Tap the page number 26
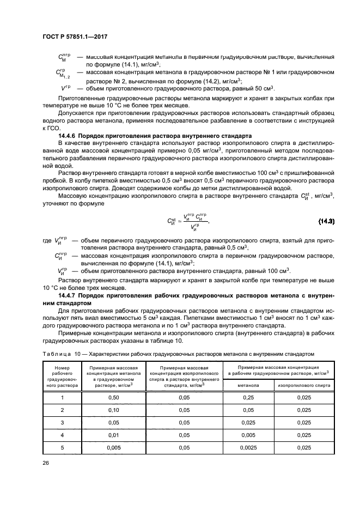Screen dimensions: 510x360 pos(46,463)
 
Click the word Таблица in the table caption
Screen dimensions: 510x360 pos(57,354)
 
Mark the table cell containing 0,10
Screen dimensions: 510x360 pos(114,409)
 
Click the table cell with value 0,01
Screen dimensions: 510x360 pos(114,434)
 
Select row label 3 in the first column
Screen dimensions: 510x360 pos(63,422)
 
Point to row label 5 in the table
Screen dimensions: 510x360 pos(63,447)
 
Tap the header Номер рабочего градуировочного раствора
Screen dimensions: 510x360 pos(63,377)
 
